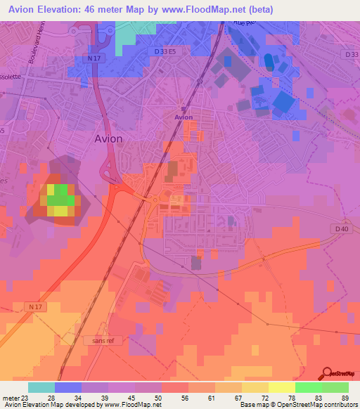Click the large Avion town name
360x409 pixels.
[108, 138]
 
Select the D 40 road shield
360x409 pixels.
[342, 228]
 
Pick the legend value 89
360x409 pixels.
[343, 398]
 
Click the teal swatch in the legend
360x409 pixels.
[41, 387]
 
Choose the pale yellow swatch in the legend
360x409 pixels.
[281, 387]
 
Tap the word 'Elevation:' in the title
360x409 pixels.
[63, 9]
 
